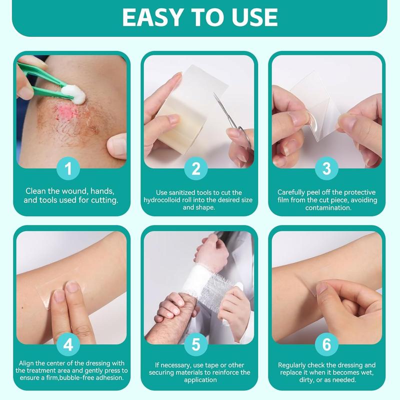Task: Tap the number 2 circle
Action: point(199,168)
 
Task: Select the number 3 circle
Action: point(326,168)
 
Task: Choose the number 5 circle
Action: point(199,343)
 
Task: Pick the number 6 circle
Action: point(326,343)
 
